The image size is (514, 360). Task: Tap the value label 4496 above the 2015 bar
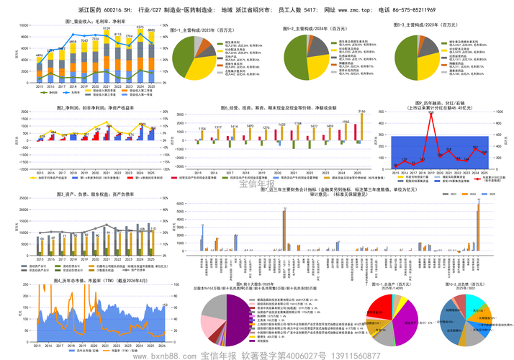click(x=39, y=55)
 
